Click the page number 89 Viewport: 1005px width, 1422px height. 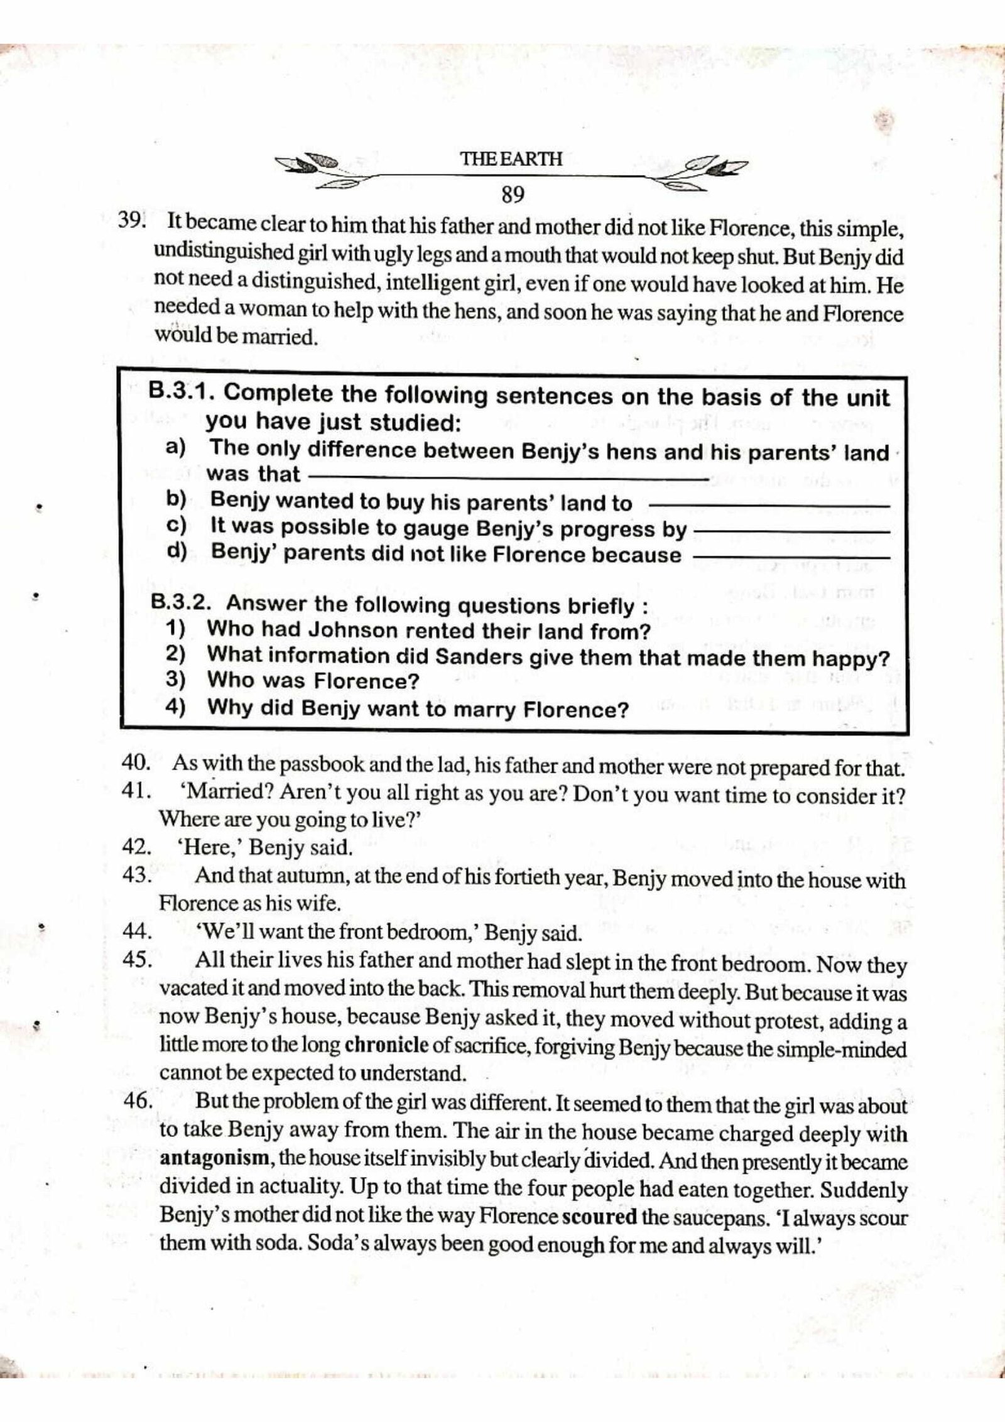pos(513,195)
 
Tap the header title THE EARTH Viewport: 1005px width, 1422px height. pos(512,159)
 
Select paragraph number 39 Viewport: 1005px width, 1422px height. pos(131,221)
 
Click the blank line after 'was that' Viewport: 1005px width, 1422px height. pos(509,479)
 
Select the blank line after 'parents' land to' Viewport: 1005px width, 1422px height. pos(769,506)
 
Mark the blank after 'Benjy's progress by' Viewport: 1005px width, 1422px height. pos(791,532)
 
